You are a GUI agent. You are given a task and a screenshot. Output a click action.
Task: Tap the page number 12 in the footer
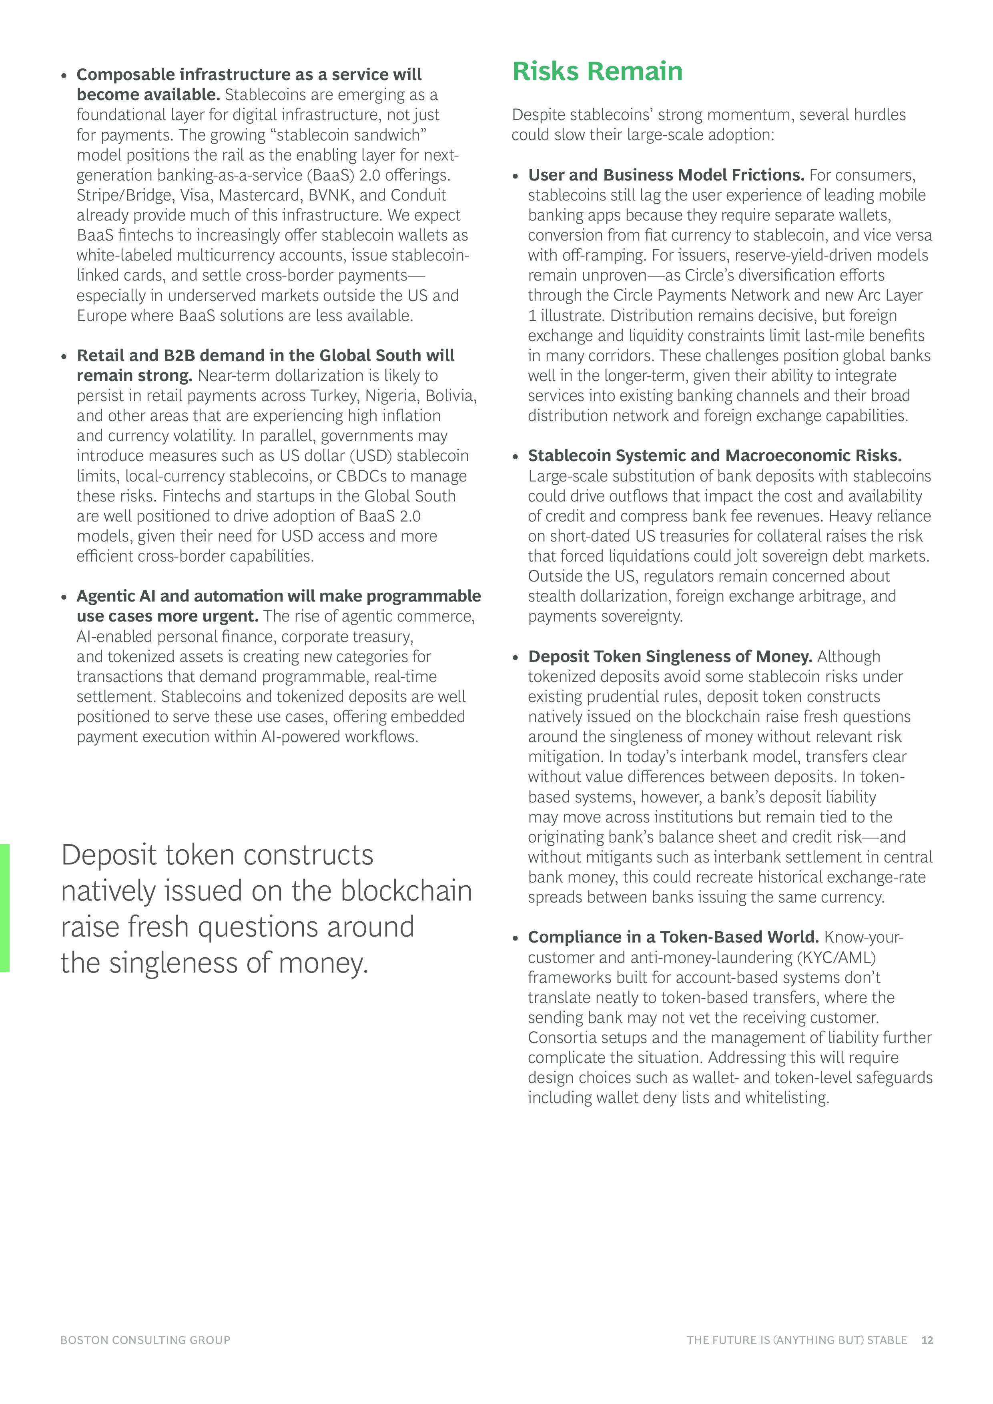pos(927,1340)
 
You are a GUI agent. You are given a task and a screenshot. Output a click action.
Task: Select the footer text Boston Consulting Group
pos(146,1340)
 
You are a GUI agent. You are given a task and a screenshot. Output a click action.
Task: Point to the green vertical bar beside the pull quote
pos(5,908)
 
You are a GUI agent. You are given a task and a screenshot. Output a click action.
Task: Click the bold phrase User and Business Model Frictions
pos(666,175)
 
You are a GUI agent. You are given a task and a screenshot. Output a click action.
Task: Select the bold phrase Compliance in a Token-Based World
pos(673,937)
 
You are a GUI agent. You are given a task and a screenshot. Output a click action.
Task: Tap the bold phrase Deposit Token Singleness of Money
pos(670,656)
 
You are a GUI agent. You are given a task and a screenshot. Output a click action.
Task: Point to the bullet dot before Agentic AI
pos(64,597)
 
